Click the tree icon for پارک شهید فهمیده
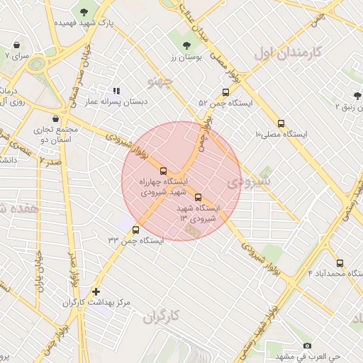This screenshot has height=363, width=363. click(x=85, y=12)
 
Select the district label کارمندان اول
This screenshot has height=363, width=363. click(x=288, y=52)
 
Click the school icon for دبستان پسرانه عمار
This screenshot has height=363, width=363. click(x=116, y=91)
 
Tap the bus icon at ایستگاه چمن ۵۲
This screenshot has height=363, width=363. click(x=225, y=92)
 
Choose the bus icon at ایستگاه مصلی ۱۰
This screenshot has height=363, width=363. click(x=281, y=123)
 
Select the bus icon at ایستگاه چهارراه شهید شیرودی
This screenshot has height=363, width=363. click(x=164, y=171)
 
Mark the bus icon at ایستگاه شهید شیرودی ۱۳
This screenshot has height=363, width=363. click(x=198, y=197)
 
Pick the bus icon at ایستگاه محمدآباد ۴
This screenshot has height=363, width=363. click(x=340, y=262)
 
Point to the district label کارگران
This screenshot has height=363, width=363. click(x=162, y=315)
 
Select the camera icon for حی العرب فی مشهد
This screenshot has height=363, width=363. click(x=307, y=345)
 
